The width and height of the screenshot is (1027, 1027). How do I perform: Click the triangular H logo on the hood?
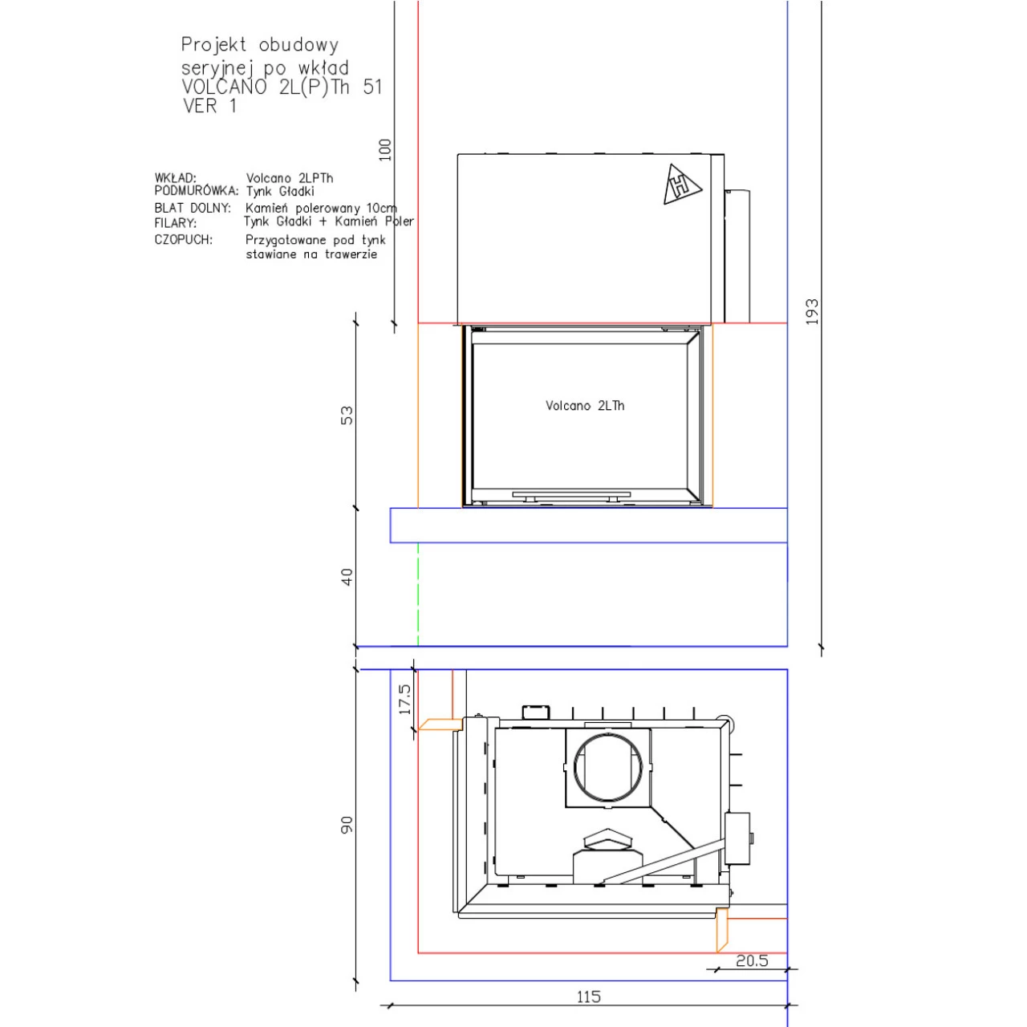tap(681, 185)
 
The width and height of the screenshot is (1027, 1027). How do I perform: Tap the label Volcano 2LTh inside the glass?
tap(585, 406)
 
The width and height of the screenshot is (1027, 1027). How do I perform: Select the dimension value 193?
tap(811, 311)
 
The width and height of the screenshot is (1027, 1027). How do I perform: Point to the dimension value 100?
tap(385, 149)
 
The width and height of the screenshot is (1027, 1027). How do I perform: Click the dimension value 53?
tap(346, 416)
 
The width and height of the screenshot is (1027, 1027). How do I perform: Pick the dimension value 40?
tap(346, 577)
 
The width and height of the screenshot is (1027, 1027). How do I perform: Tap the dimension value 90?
tap(346, 825)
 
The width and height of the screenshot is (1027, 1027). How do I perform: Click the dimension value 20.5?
tap(752, 960)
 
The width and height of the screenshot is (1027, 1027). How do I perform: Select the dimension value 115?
tap(588, 997)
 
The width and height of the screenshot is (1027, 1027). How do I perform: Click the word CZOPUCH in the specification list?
tap(183, 240)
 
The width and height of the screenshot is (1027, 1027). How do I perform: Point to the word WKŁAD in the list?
tap(175, 178)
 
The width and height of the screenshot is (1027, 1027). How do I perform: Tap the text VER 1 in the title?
tap(209, 106)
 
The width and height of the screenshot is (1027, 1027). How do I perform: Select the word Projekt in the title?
tap(213, 44)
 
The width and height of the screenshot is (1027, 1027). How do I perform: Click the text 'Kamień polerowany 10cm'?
tap(321, 208)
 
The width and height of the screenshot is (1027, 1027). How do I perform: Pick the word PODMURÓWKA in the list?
tap(197, 192)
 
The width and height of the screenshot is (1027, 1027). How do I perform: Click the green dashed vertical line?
tap(418, 594)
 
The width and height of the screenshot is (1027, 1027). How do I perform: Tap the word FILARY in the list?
tap(175, 223)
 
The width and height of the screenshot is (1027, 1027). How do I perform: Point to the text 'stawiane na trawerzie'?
tap(311, 254)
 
